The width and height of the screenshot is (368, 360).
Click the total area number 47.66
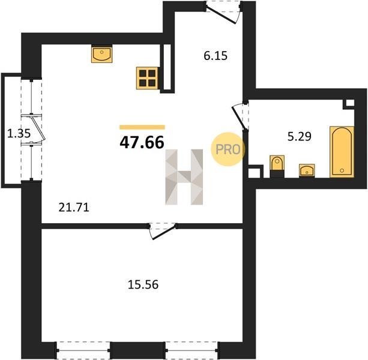(142, 142)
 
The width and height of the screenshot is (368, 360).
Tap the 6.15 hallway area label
(216, 56)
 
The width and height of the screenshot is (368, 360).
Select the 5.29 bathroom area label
(300, 136)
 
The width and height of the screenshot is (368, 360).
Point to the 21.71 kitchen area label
(74, 208)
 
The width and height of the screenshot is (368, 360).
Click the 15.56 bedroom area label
(143, 284)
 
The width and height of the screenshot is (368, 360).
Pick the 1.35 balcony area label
(19, 133)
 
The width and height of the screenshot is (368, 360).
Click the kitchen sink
(101, 54)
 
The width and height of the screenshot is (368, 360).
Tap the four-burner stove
(148, 78)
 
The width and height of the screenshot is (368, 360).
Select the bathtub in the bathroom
(342, 152)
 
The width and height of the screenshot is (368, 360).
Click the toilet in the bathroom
(277, 166)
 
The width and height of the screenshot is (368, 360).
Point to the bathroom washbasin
(307, 170)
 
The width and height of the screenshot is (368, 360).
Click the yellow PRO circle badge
(228, 149)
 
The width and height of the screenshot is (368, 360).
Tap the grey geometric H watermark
(184, 177)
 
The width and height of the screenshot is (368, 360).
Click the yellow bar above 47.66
(142, 127)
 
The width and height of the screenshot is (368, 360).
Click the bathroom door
(240, 116)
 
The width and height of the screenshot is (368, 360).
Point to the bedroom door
(163, 231)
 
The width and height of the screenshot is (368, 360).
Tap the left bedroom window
(83, 350)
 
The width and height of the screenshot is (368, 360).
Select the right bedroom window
(192, 350)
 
